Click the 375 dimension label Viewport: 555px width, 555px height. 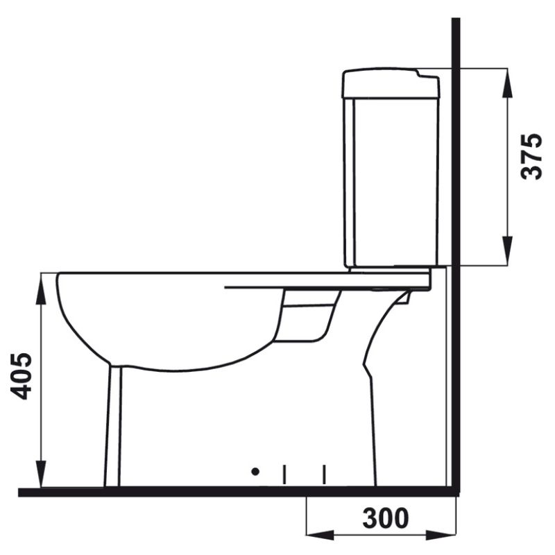[532, 156]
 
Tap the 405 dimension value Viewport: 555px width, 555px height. [23, 376]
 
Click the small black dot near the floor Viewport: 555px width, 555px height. [255, 472]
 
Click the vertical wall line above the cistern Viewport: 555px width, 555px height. [455, 42]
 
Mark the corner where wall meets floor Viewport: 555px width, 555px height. [455, 492]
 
